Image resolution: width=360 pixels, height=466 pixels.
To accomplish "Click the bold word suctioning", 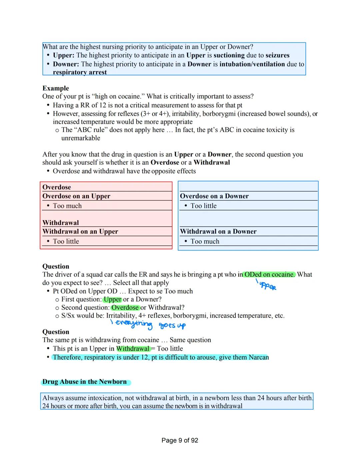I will tap(229, 55).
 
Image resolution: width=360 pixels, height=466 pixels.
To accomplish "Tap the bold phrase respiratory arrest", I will tap(80, 72).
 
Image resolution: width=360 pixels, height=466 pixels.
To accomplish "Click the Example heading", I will tap(56, 88).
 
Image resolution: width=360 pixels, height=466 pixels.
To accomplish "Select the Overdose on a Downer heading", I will tap(214, 196).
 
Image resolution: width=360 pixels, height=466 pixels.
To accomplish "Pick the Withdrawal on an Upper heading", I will tap(80, 231).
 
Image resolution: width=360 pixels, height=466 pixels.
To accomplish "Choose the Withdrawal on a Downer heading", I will tap(218, 231).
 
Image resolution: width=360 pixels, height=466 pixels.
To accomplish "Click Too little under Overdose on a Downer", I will tap(203, 206).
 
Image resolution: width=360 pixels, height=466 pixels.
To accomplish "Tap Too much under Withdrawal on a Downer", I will tap(205, 242).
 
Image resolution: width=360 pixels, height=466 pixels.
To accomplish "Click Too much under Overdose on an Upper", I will tap(67, 206).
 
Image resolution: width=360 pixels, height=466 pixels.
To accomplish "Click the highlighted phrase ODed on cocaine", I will tap(269, 275).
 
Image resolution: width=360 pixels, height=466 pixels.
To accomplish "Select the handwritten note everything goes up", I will tap(148, 324).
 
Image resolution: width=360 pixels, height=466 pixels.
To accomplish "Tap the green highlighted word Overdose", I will tap(125, 308).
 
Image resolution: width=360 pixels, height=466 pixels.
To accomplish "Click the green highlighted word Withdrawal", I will tap(133, 349).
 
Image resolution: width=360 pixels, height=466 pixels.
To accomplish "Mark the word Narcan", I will tap(259, 357).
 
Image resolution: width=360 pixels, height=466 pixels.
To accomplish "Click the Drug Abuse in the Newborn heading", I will tap(84, 382).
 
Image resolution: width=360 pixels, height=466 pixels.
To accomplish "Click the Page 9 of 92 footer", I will tap(180, 440).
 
